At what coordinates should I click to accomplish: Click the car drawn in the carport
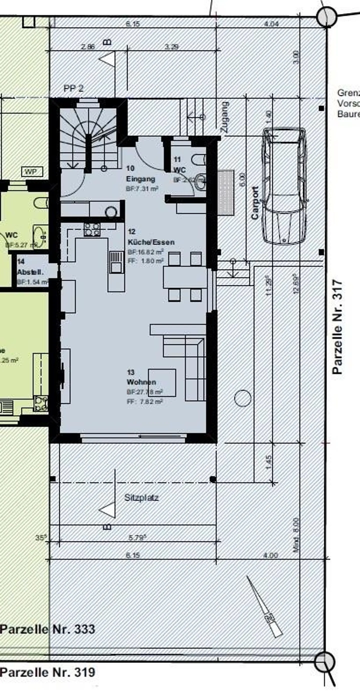tap(285, 186)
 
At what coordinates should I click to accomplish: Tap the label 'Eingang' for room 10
tap(140, 179)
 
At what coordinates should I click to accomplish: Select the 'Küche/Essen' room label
tap(151, 242)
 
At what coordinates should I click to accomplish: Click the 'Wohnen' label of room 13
tap(141, 382)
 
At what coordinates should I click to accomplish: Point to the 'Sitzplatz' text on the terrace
tap(141, 498)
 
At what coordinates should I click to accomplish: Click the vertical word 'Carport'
tap(255, 203)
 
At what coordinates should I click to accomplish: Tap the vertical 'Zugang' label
tap(224, 117)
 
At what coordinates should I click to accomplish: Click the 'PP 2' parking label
tap(73, 88)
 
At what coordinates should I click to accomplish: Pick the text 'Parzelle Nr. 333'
tap(47, 629)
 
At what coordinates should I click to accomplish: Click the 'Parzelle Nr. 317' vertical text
tap(337, 327)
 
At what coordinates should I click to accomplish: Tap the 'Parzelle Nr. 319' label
tap(47, 672)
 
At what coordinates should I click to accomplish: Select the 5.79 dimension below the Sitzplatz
tap(137, 538)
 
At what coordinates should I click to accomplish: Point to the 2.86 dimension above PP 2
tap(88, 47)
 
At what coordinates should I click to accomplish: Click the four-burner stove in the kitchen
tap(92, 230)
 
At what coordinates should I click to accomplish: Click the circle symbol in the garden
tap(242, 398)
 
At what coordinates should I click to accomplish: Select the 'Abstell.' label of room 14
tap(30, 272)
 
